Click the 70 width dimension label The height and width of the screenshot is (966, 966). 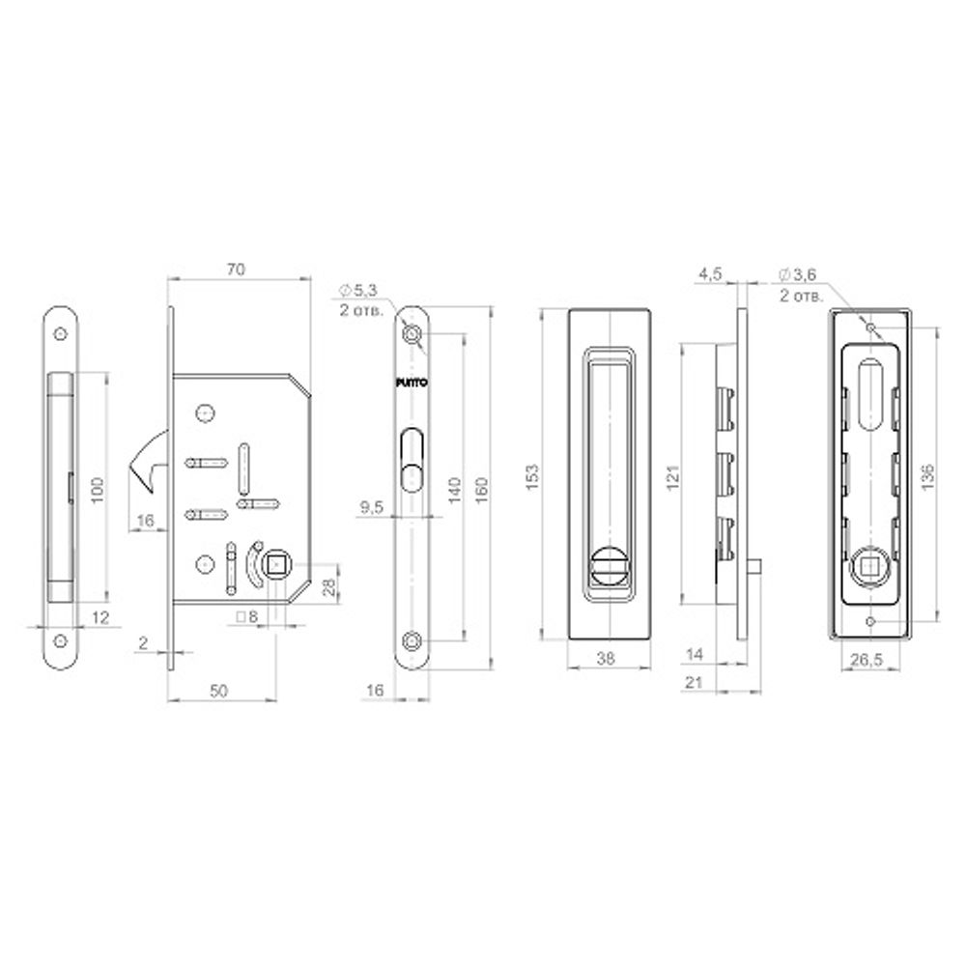click(233, 270)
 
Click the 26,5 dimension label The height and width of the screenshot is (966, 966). click(867, 662)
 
